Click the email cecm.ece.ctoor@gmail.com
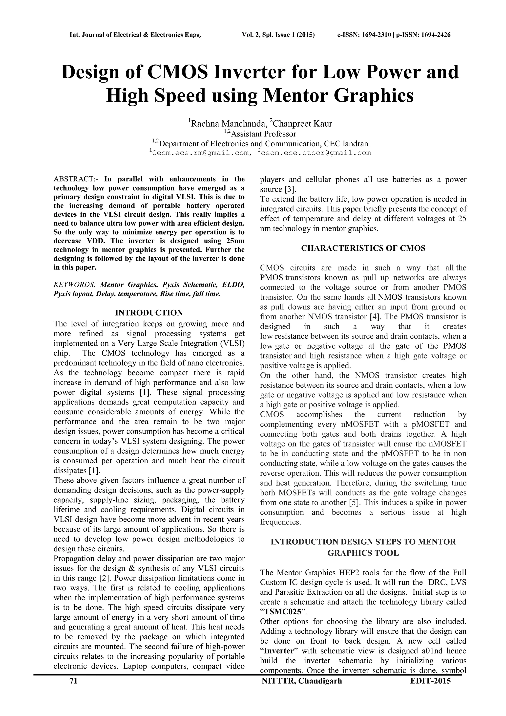click(x=316, y=153)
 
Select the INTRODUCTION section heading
click(x=149, y=313)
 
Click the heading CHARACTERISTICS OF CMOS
click(x=363, y=248)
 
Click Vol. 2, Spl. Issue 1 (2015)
click(x=278, y=35)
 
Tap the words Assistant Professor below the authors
click(x=263, y=134)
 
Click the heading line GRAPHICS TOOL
click(x=363, y=553)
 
